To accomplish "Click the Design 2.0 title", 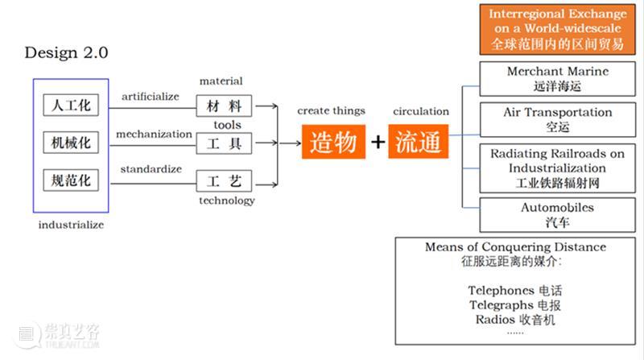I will (66, 53).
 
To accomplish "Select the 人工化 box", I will (71, 106).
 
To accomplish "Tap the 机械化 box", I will (71, 143).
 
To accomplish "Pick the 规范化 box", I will (71, 180).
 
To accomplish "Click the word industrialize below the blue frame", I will (71, 225).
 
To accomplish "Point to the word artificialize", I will (151, 97).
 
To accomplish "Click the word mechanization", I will (154, 134).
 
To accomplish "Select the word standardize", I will (151, 169).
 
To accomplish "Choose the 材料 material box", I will (225, 106).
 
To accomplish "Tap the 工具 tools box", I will (225, 143).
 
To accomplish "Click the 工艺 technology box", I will (225, 180).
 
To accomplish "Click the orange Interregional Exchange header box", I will (557, 29).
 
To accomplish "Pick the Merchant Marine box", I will (557, 78).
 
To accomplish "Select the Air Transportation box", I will (557, 119).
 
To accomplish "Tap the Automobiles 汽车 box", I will (557, 214).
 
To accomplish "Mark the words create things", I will (331, 111).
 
